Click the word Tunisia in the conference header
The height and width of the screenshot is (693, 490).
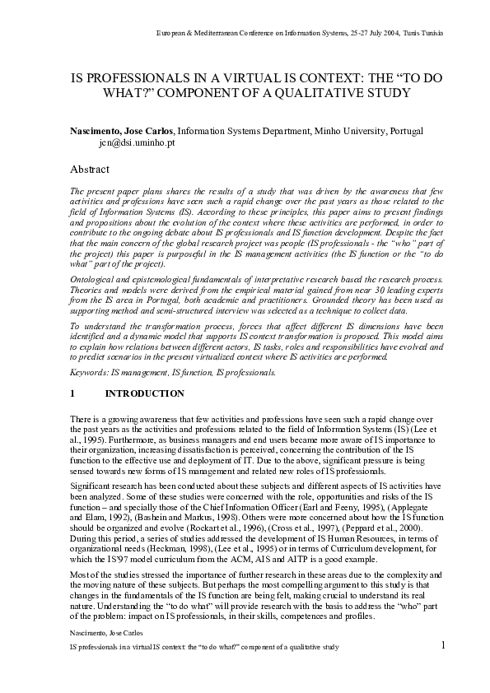point(431,33)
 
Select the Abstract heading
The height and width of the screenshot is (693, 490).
point(90,170)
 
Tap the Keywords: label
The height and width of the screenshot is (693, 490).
point(91,373)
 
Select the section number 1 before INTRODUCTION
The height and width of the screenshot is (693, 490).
point(73,394)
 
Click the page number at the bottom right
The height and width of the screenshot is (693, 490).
point(442,644)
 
